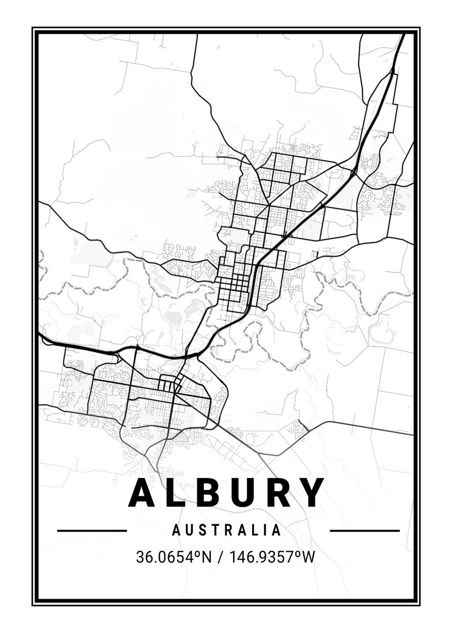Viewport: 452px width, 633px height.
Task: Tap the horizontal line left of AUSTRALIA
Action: (x=92, y=530)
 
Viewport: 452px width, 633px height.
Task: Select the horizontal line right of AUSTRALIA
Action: (x=364, y=530)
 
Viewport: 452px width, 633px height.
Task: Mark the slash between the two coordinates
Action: (x=217, y=557)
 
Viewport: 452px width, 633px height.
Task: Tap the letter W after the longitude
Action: (x=307, y=557)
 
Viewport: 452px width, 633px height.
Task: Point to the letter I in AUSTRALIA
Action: (x=265, y=530)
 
